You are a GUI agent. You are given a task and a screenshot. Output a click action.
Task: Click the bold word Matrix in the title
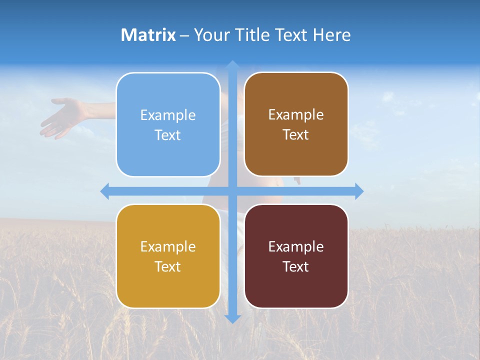click(148, 35)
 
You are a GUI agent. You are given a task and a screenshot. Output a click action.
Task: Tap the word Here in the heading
click(331, 35)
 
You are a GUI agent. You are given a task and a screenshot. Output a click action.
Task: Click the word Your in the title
click(210, 35)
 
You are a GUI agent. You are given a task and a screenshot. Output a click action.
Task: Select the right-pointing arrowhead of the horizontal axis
click(358, 191)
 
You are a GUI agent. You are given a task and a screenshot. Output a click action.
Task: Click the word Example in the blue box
click(168, 115)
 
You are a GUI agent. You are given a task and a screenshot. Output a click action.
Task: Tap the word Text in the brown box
click(296, 135)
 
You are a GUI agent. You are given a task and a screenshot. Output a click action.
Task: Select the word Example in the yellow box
click(168, 246)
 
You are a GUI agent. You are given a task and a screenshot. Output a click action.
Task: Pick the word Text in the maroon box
click(296, 266)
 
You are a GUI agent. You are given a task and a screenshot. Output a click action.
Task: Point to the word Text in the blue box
click(168, 135)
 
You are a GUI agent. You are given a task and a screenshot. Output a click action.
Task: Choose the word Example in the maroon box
click(296, 246)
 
